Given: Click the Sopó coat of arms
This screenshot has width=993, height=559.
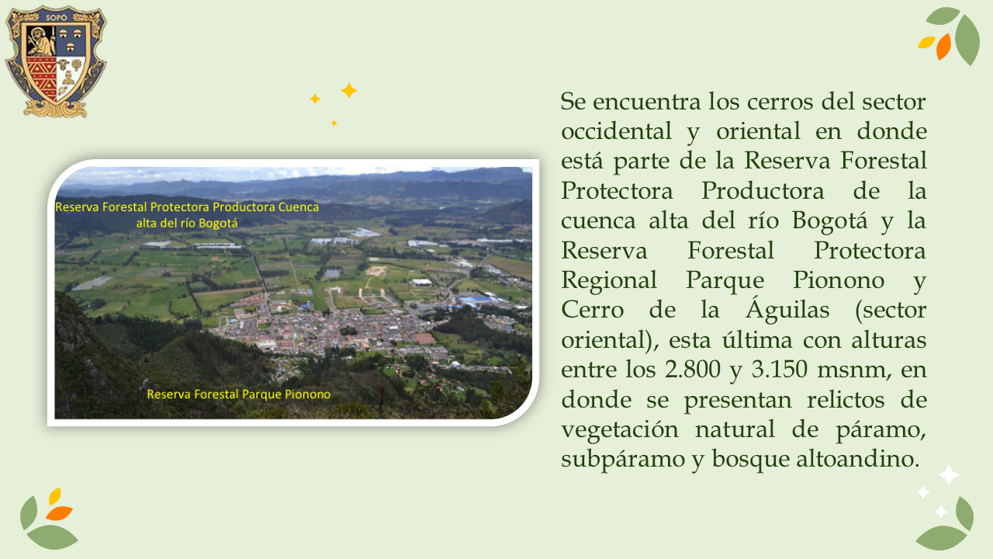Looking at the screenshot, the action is [x=56, y=61].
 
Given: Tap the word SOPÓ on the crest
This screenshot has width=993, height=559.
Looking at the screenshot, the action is [x=57, y=18].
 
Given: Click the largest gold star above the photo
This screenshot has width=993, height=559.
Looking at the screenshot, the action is [x=349, y=91].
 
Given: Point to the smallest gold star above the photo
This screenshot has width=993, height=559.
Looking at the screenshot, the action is [x=334, y=123].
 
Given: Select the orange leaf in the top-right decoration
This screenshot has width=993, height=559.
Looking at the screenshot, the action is [x=944, y=47].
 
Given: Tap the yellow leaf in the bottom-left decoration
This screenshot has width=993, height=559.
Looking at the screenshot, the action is [x=55, y=496].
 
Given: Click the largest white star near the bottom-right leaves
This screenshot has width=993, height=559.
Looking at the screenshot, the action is [x=949, y=475].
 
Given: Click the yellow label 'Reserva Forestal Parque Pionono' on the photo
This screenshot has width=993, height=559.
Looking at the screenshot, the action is [x=238, y=394].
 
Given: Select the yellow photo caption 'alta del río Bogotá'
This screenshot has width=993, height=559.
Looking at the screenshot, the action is [x=187, y=223].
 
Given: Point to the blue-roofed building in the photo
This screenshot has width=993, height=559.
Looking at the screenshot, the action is [x=479, y=300].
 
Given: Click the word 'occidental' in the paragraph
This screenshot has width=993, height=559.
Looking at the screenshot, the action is [x=616, y=131].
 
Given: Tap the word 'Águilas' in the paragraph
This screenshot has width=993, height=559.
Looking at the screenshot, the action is [x=787, y=310].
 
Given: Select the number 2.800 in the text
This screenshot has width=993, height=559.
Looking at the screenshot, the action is [x=693, y=369].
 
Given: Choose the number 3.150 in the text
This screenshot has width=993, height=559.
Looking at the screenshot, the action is [x=780, y=369].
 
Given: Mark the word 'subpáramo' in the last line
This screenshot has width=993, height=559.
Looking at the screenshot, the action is [x=623, y=459].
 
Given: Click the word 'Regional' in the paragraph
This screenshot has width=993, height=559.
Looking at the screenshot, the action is [x=609, y=280].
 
